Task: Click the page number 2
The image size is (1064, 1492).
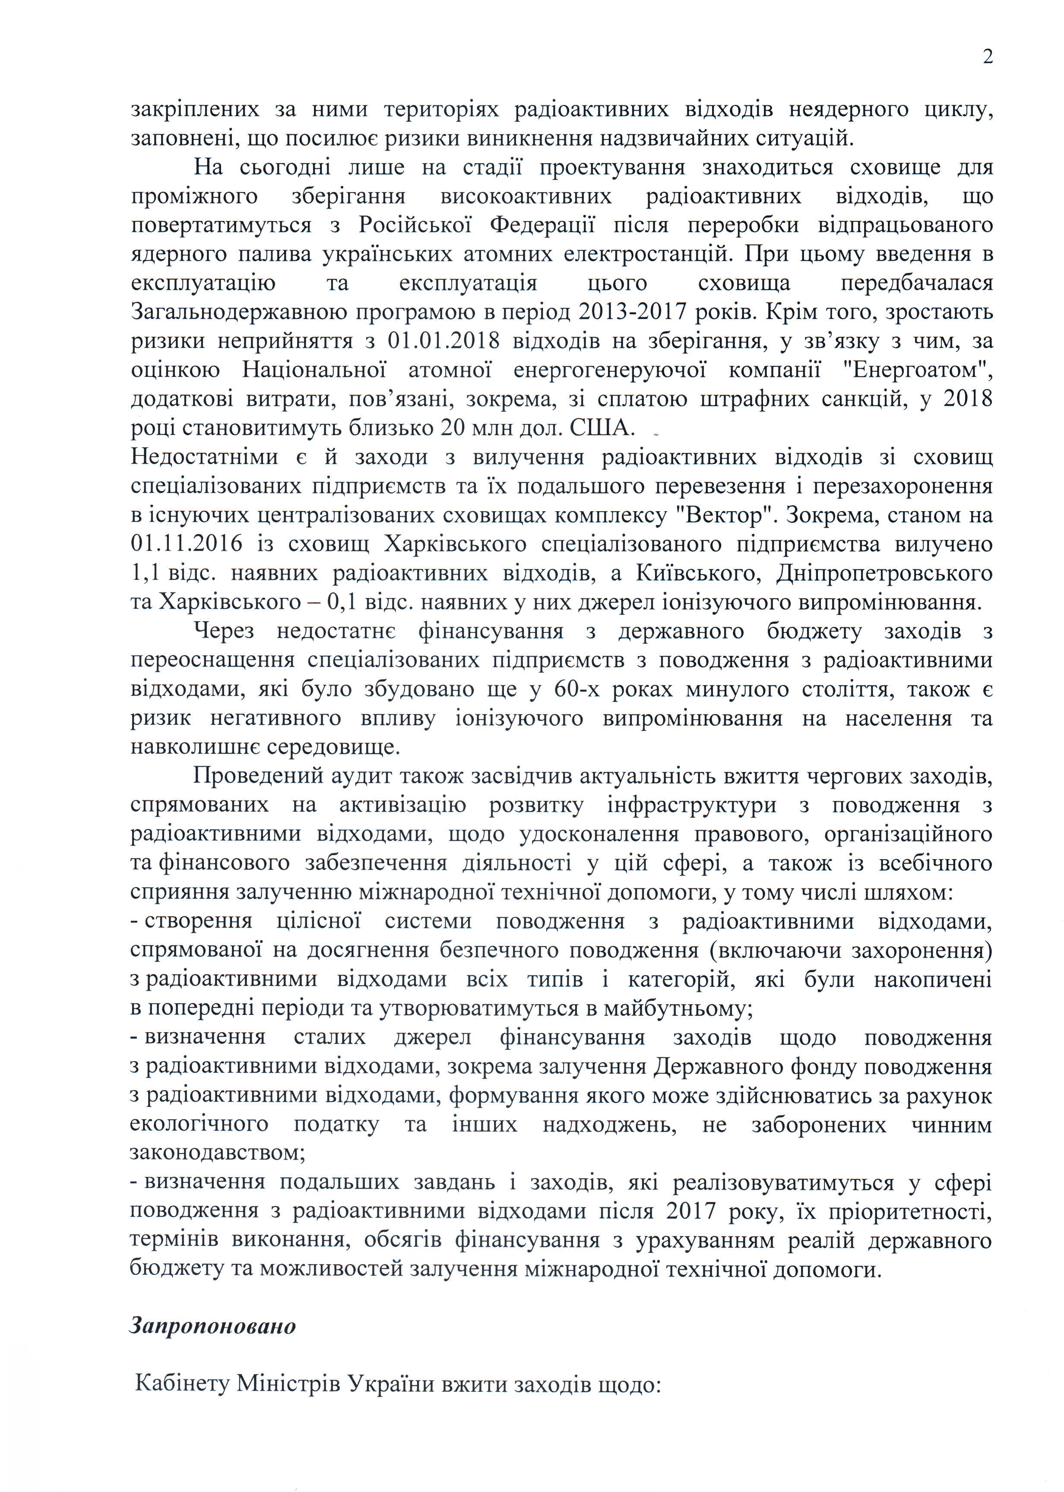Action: [987, 57]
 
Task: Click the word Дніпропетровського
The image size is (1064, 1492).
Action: [884, 573]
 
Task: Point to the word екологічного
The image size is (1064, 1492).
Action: [199, 1125]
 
